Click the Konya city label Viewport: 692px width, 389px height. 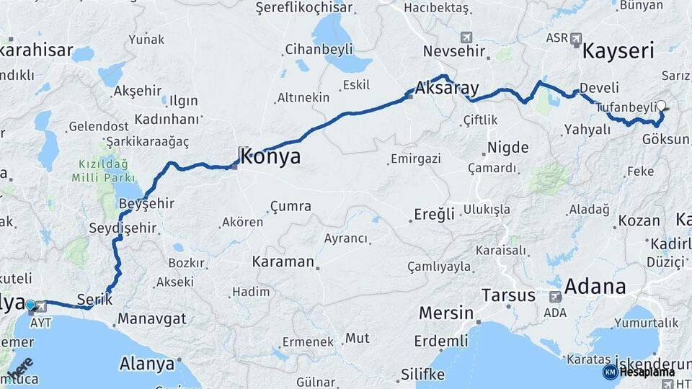click(x=271, y=157)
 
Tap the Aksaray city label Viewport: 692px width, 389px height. click(x=447, y=89)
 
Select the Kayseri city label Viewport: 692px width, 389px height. click(x=618, y=51)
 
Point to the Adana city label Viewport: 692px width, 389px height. click(x=595, y=286)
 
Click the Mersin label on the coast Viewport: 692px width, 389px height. click(x=445, y=314)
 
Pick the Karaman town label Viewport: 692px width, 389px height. click(x=283, y=261)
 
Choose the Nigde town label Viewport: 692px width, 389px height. click(x=507, y=148)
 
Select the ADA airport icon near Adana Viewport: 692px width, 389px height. click(x=555, y=296)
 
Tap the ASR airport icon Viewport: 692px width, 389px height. click(x=575, y=38)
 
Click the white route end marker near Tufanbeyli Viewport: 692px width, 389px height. click(x=661, y=105)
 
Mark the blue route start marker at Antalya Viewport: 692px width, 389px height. click(x=30, y=305)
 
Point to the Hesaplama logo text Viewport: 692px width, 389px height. click(x=647, y=372)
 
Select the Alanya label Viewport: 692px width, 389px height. click(x=147, y=363)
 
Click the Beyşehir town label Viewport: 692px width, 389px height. click(x=146, y=204)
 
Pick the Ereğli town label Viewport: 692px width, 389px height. click(x=434, y=214)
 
